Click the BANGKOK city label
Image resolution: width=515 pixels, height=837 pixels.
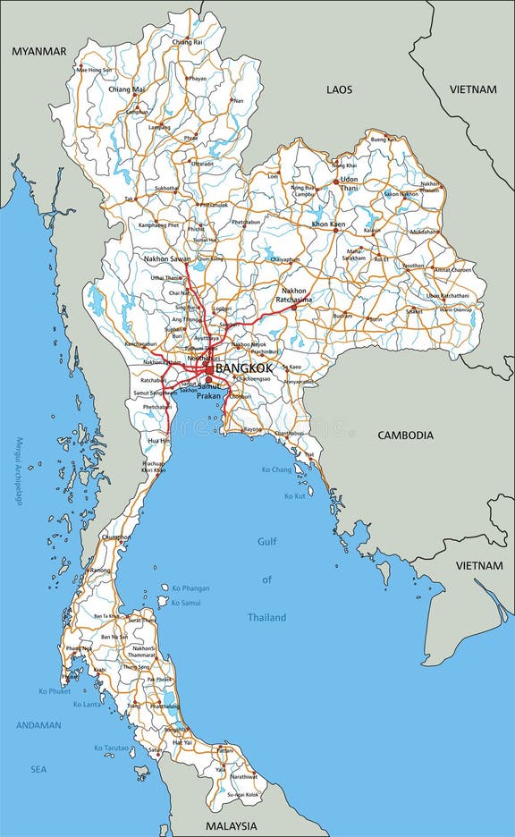click(244, 368)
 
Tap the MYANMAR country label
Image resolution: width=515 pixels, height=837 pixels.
click(38, 52)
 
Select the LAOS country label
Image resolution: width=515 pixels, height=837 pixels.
click(339, 89)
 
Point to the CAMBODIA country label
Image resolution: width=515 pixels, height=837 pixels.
click(405, 435)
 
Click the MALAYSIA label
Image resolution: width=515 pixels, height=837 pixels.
click(231, 826)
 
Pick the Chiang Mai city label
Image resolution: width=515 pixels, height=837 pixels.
click(126, 89)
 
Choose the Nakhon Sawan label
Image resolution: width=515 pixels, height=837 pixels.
click(167, 259)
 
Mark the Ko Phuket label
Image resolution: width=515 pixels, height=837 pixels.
click(54, 691)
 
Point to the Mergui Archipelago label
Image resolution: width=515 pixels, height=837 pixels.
click(18, 471)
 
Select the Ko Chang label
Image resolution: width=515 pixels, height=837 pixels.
click(276, 469)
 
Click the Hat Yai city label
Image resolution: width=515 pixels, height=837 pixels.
click(182, 742)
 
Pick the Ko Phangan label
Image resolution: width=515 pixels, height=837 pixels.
click(191, 588)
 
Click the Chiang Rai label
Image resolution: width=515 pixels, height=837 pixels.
click(187, 42)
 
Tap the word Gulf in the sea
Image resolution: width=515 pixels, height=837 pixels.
click(267, 541)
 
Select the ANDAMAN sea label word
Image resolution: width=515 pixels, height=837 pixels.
click(38, 725)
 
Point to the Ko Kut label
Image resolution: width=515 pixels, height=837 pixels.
click(295, 495)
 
